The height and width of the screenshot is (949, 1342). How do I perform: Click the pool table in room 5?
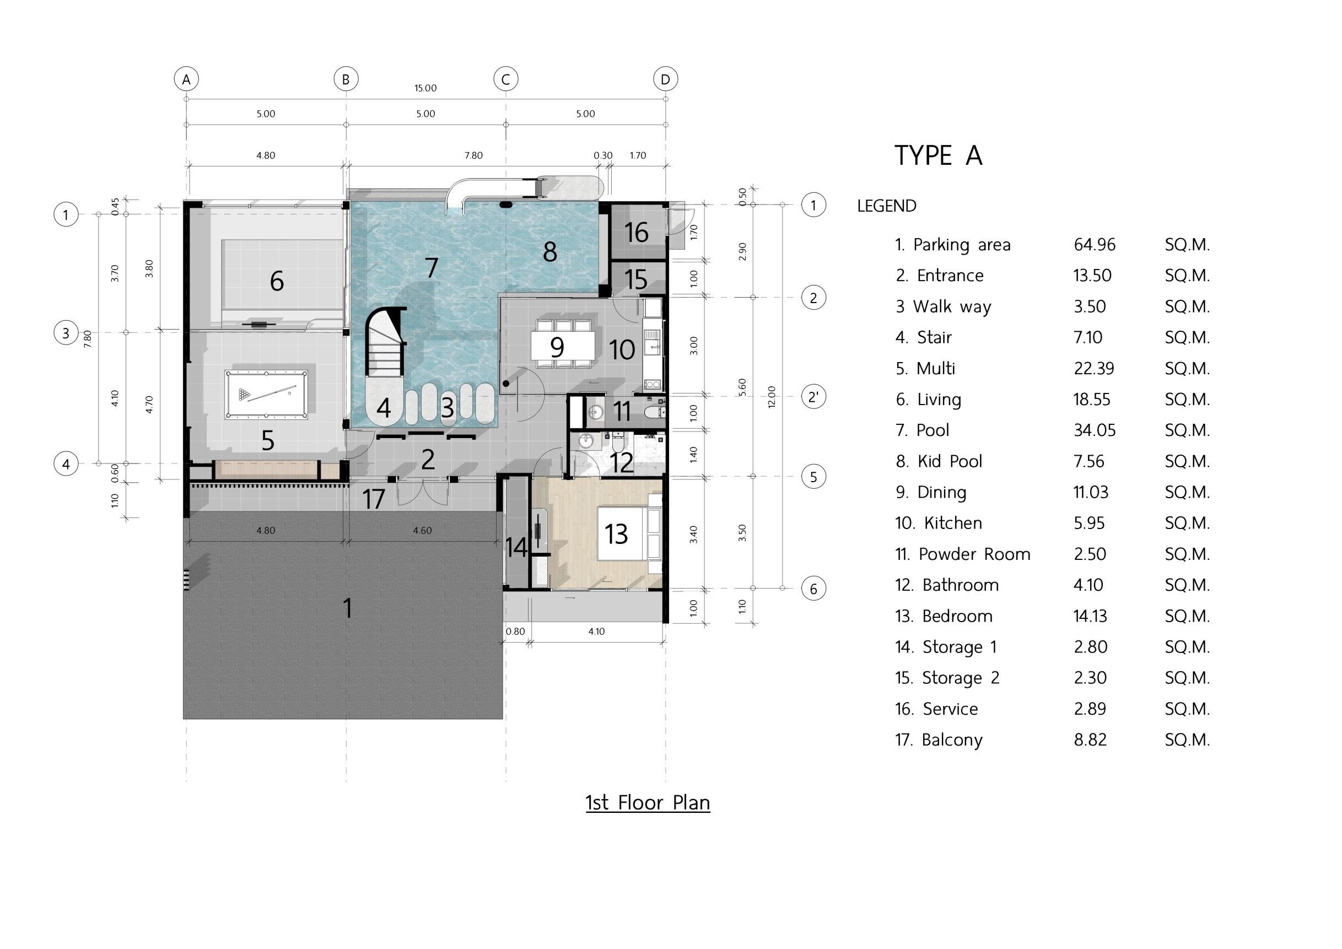pyautogui.click(x=267, y=395)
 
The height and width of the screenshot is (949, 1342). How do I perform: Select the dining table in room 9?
pyautogui.click(x=562, y=347)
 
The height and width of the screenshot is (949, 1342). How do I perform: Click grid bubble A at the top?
pyautogui.click(x=186, y=79)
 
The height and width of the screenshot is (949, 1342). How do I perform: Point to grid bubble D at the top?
pyautogui.click(x=665, y=79)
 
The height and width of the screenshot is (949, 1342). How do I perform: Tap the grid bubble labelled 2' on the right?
pyautogui.click(x=813, y=397)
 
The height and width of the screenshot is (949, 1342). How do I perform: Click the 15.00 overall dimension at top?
pyautogui.click(x=425, y=88)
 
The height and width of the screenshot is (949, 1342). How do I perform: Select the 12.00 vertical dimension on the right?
pyautogui.click(x=772, y=397)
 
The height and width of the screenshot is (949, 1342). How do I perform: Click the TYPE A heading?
pyautogui.click(x=938, y=155)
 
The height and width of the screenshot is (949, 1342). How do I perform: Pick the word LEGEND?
pyautogui.click(x=887, y=206)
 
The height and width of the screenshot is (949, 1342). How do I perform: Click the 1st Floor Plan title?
pyautogui.click(x=648, y=802)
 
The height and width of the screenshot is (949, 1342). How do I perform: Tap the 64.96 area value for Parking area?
pyautogui.click(x=1094, y=244)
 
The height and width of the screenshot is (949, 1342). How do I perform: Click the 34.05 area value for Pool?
pyautogui.click(x=1094, y=430)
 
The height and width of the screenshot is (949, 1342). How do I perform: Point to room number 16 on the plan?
pyautogui.click(x=636, y=232)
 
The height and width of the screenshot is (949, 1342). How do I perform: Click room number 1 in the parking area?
pyautogui.click(x=348, y=608)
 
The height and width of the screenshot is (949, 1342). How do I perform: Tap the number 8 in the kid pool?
pyautogui.click(x=549, y=252)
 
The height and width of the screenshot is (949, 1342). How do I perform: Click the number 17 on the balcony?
pyautogui.click(x=374, y=499)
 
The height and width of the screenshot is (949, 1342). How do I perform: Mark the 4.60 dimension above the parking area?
pyautogui.click(x=422, y=531)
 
